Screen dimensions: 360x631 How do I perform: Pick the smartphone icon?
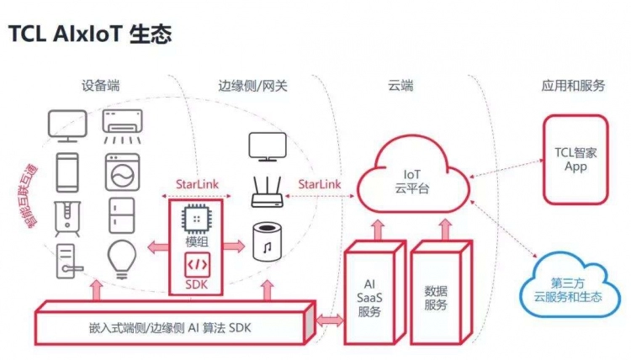tap(67, 171)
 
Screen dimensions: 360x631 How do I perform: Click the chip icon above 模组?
tap(195, 219)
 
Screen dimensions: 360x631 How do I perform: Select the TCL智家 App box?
tap(574, 160)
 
